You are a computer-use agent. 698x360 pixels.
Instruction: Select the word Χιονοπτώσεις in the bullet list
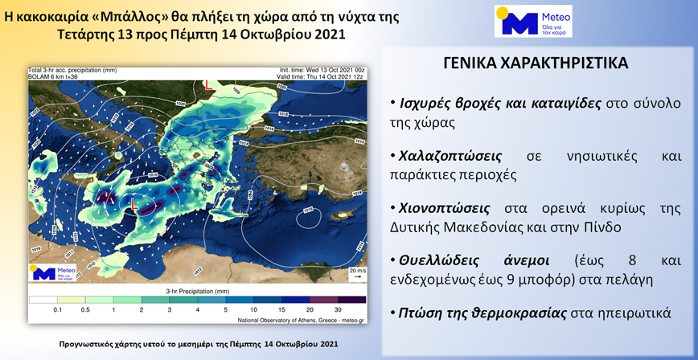[441, 207]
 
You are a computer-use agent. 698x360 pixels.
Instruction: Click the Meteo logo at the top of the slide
[533, 21]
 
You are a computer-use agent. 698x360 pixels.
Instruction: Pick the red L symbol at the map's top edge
[209, 84]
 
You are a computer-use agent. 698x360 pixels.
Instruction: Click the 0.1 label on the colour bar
[58, 309]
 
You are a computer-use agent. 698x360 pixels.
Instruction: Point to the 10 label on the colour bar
[253, 309]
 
